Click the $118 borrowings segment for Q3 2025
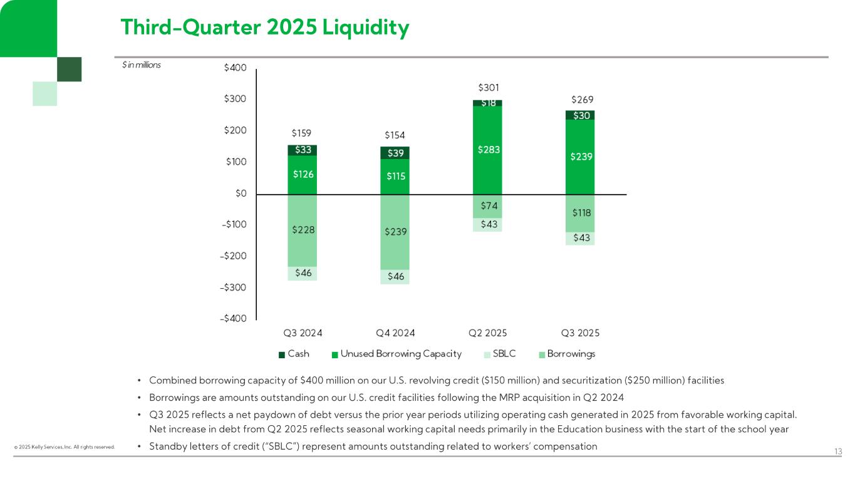[580, 213]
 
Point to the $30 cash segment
[580, 115]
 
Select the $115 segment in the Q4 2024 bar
[395, 177]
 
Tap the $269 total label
[582, 100]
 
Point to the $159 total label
[302, 133]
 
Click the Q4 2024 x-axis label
[395, 333]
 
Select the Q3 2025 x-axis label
[579, 333]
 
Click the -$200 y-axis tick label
[233, 256]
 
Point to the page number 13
[839, 452]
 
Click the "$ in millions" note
[141, 65]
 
